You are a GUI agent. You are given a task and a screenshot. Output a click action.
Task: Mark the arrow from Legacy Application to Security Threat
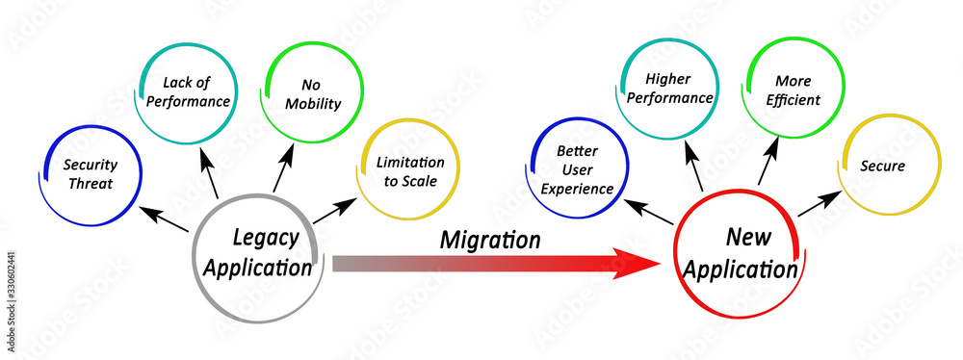(x=163, y=218)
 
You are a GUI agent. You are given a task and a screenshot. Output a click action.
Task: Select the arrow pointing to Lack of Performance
(x=208, y=171)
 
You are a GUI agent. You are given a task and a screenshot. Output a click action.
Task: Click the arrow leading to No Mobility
(x=282, y=170)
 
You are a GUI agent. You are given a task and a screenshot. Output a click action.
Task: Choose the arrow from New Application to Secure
(x=818, y=203)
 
